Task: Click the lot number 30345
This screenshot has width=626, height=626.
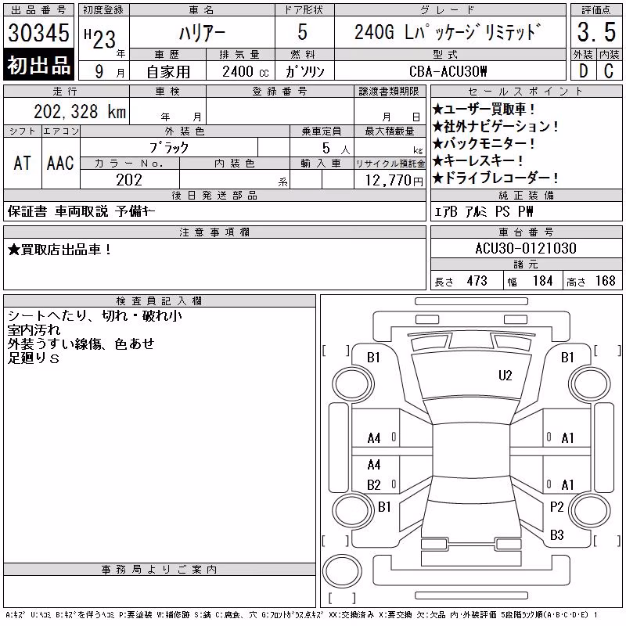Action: click(x=38, y=32)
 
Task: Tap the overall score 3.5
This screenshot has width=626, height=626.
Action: click(x=596, y=32)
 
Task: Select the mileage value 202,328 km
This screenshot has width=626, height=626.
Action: click(x=80, y=111)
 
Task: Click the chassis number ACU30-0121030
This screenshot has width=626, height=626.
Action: click(x=526, y=248)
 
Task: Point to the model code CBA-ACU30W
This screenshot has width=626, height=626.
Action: click(x=448, y=71)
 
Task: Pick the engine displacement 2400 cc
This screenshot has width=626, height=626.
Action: click(x=246, y=71)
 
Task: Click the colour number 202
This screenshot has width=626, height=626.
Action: click(x=129, y=180)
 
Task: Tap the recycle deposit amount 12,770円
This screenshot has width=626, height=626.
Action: click(x=394, y=181)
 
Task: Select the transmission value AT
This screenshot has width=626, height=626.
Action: click(x=22, y=163)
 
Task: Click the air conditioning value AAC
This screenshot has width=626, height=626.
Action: click(x=60, y=163)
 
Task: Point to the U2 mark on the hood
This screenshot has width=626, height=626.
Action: click(x=505, y=376)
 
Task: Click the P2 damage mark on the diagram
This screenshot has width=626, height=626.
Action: click(x=556, y=507)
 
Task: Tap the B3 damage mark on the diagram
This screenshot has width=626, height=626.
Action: click(x=556, y=534)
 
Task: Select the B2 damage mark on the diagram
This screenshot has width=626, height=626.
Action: click(x=374, y=485)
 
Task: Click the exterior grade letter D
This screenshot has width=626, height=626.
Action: click(x=583, y=71)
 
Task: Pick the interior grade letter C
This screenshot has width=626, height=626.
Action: click(x=609, y=71)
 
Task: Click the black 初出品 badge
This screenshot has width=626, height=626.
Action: click(x=38, y=65)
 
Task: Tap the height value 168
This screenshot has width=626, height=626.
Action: click(x=605, y=281)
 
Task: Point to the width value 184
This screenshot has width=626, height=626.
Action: click(x=542, y=281)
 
